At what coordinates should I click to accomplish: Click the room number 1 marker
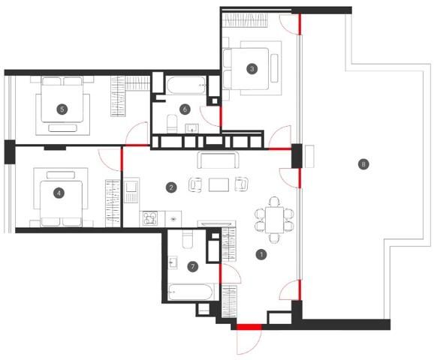click(261, 254)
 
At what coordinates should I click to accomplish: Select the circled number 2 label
click(171, 187)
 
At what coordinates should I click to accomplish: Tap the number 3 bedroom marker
click(252, 68)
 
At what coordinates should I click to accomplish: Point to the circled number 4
click(59, 193)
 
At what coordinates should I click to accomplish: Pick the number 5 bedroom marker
click(62, 109)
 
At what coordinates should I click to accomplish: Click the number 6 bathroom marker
click(185, 109)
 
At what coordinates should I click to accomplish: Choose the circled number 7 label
click(193, 266)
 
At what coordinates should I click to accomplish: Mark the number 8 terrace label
click(363, 164)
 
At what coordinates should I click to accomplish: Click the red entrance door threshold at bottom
click(249, 327)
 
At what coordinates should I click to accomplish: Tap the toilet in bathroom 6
click(172, 124)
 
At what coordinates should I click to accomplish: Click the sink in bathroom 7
click(173, 262)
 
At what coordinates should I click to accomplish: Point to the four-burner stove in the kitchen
click(150, 219)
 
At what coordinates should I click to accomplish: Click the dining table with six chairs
click(274, 220)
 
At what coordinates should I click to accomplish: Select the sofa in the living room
click(218, 160)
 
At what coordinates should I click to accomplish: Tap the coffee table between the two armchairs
click(219, 184)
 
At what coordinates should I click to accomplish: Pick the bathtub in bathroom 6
click(186, 85)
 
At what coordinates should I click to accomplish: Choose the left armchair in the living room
click(195, 184)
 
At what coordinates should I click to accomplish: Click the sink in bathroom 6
click(192, 128)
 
